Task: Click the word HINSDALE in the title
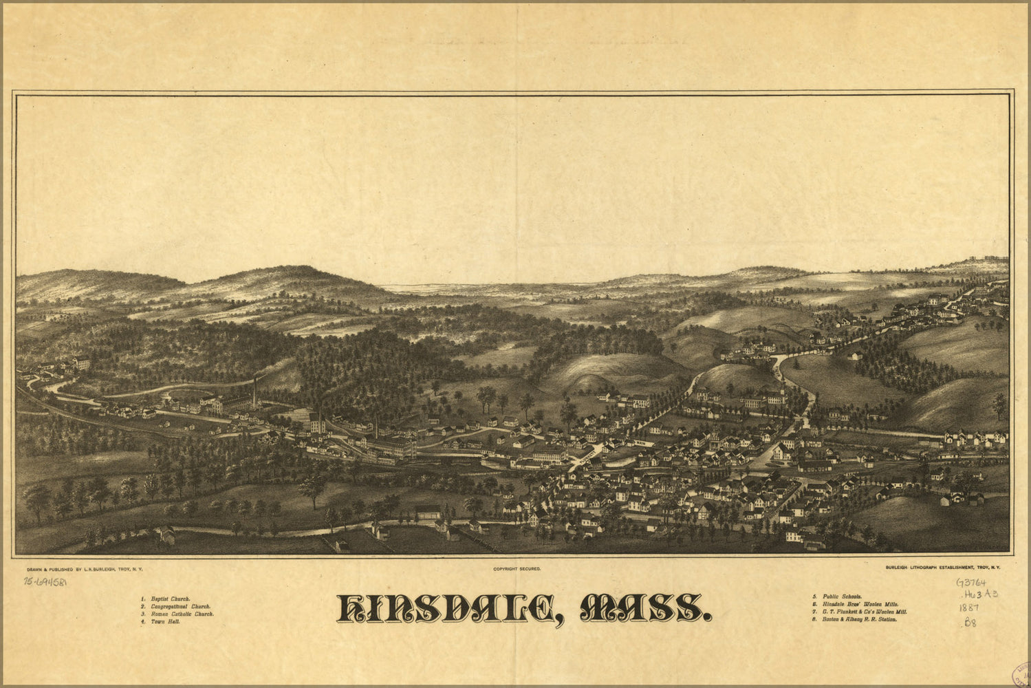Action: (446, 608)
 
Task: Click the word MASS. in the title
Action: (644, 608)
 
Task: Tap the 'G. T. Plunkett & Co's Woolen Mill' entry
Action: (865, 611)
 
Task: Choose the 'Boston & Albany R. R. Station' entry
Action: (859, 619)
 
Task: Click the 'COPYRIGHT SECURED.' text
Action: (517, 569)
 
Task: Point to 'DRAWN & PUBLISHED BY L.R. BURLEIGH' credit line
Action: (83, 569)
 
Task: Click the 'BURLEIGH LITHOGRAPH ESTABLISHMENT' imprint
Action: (943, 568)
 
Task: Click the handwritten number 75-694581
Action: (45, 581)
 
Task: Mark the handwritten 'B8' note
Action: (970, 623)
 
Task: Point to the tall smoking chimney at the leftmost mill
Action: (255, 391)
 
